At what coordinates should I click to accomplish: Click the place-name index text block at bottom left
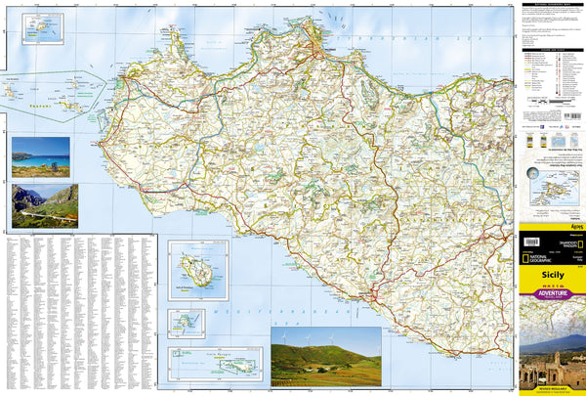tap(78, 313)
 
